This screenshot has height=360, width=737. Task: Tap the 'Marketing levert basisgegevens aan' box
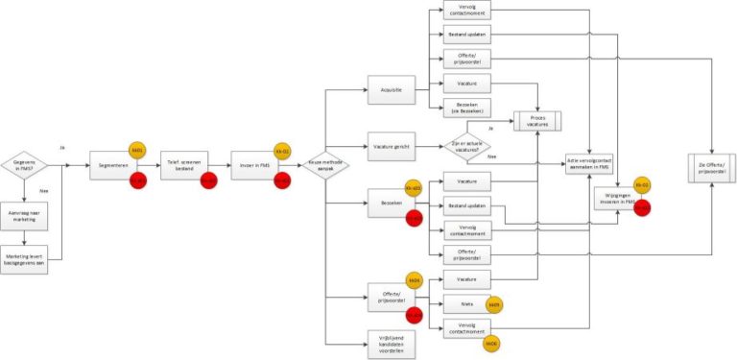click(x=24, y=259)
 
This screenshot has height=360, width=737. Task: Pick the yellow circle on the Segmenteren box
click(x=137, y=151)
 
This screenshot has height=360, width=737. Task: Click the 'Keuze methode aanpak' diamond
click(x=327, y=165)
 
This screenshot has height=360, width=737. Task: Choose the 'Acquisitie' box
click(x=391, y=92)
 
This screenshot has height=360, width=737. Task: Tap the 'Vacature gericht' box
click(x=391, y=147)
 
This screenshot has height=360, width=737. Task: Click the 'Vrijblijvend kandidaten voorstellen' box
click(x=391, y=343)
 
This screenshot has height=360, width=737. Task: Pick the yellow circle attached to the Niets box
click(x=494, y=305)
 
